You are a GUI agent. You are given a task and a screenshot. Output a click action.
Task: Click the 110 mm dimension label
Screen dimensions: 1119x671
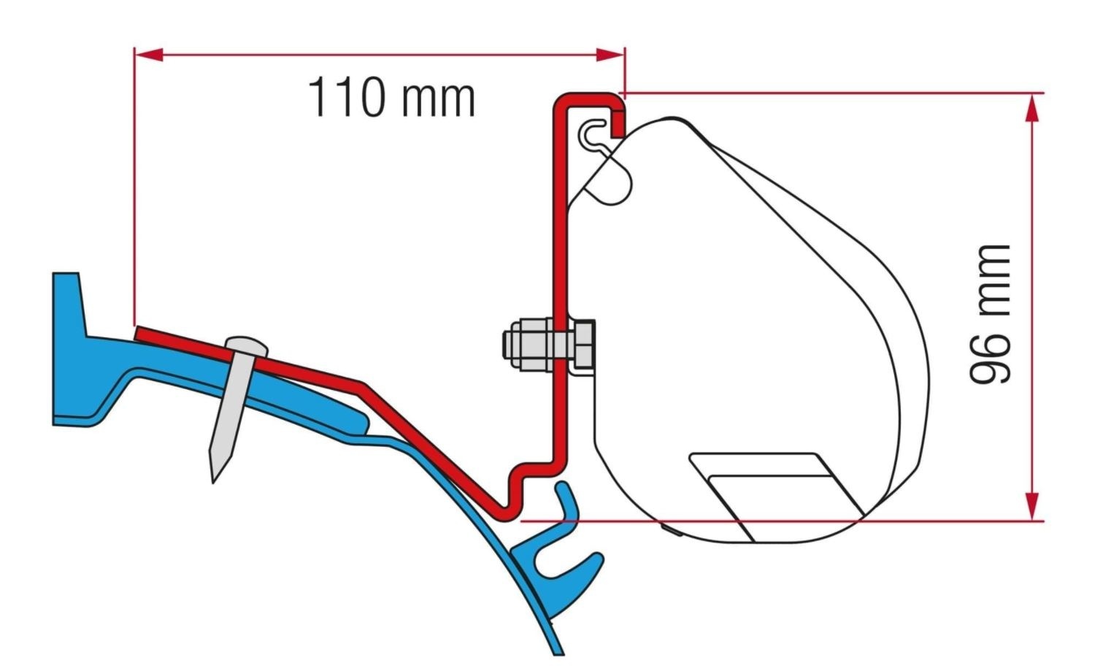392,98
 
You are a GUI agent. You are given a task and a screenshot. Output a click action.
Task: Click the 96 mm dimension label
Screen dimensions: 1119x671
991,314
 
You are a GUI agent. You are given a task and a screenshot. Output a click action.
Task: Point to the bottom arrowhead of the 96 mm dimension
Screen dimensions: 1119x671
1031,505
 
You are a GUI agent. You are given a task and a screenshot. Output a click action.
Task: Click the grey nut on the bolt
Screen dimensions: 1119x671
526,343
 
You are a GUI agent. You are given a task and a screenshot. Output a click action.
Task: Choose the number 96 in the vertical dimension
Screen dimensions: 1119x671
991,358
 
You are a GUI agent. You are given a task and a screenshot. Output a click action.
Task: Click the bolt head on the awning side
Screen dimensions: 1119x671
582,343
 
